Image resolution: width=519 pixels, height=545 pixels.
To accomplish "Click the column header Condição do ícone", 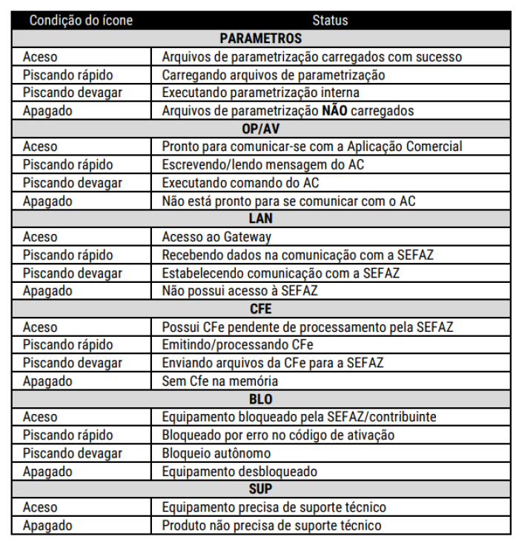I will pos(81,20).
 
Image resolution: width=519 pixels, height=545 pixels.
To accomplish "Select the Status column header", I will pos(330,20).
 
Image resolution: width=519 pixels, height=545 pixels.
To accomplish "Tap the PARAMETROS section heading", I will pos(260,39).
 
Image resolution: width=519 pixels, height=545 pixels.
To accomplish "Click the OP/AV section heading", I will pos(260,128).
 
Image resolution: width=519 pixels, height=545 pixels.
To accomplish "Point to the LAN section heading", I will pos(260,218).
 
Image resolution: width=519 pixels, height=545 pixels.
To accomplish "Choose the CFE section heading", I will pos(260,309).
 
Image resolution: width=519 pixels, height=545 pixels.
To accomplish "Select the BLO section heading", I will pos(260,399).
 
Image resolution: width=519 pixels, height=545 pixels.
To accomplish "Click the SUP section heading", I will pos(260,489).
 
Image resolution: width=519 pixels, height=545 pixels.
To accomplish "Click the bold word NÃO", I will pos(334,110).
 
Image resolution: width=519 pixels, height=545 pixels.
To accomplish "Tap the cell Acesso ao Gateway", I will pos(216,237).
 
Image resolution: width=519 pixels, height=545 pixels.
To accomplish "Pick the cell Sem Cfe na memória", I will pos(219,381).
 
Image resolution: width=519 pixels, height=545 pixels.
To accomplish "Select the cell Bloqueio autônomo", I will pos(216,453).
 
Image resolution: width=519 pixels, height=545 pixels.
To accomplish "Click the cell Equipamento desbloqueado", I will pos(239,472).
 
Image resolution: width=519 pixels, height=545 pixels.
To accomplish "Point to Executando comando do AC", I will pos(240,182).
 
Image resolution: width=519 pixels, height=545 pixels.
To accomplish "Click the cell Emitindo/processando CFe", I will pos(237,345).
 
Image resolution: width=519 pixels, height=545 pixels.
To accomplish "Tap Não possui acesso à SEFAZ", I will pos(239,291).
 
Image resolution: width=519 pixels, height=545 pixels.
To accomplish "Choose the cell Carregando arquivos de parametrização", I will pos(274,75).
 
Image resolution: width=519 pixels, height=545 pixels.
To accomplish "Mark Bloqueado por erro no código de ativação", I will pos(278,435).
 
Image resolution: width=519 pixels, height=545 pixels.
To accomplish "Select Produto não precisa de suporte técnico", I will pos(271,526).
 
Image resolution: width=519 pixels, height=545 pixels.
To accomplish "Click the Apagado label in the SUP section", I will pos(47,526).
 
